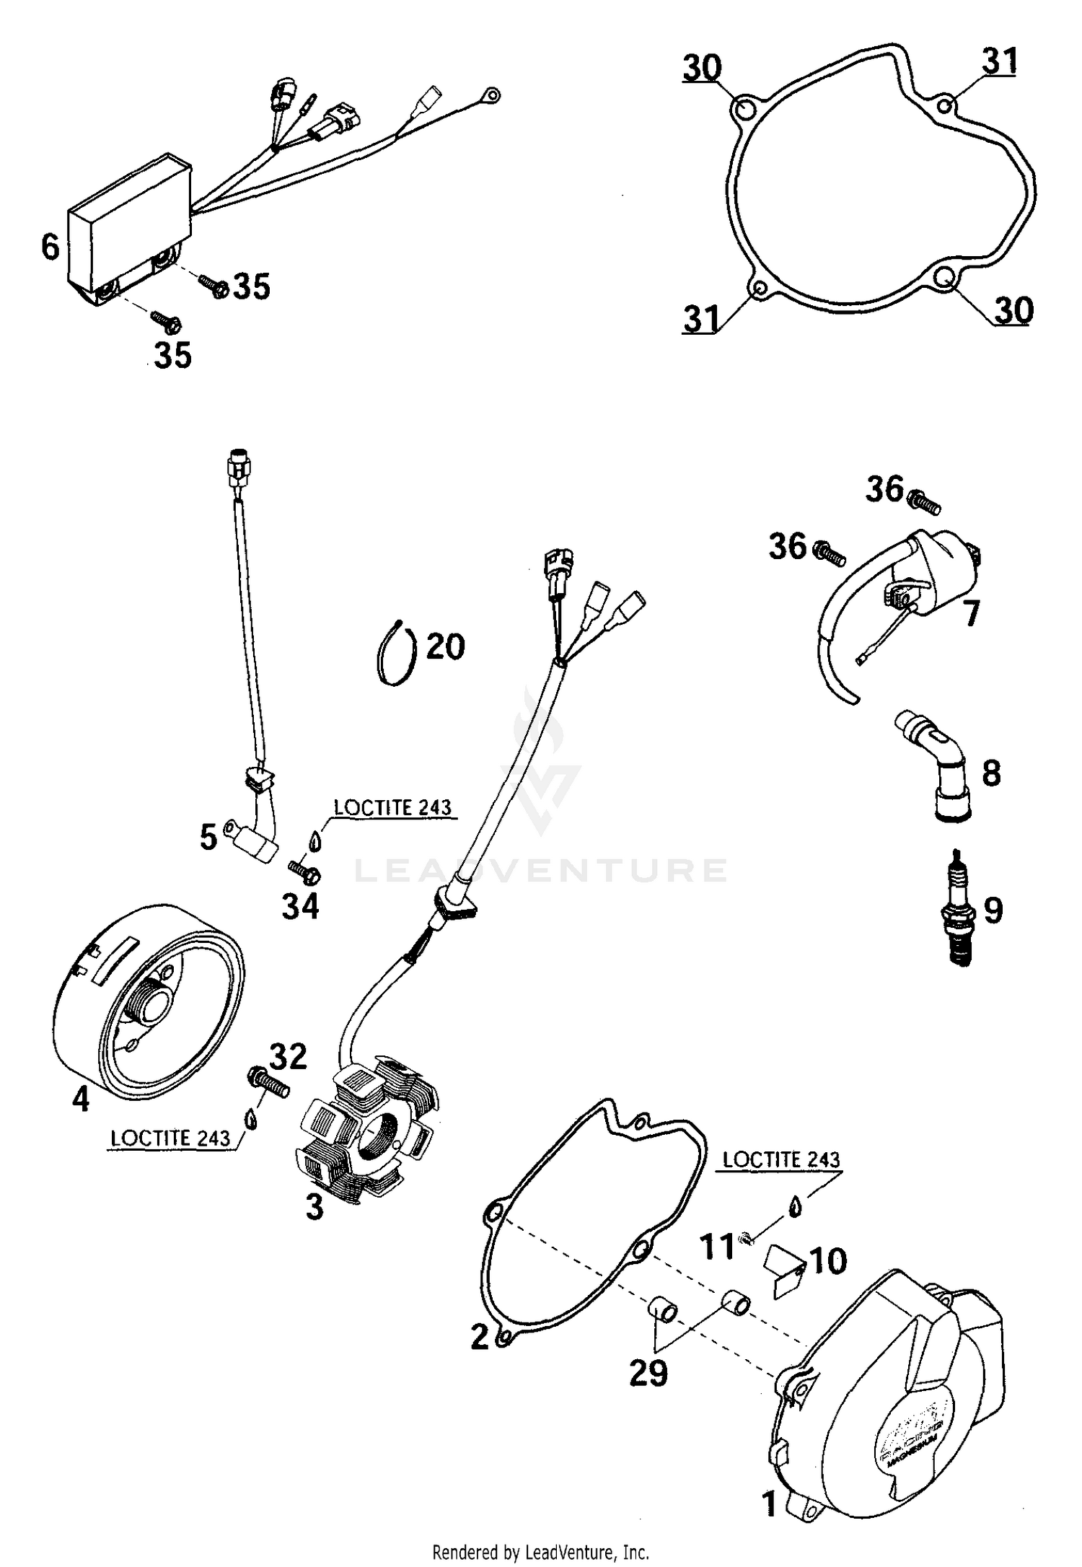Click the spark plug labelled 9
click(x=960, y=910)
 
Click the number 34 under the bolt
click(x=300, y=907)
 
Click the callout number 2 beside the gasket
click(x=480, y=1337)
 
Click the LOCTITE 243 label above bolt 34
click(x=392, y=807)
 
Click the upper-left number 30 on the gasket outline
click(x=702, y=69)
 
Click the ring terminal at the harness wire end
click(x=491, y=95)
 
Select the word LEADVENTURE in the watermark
click(x=541, y=870)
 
